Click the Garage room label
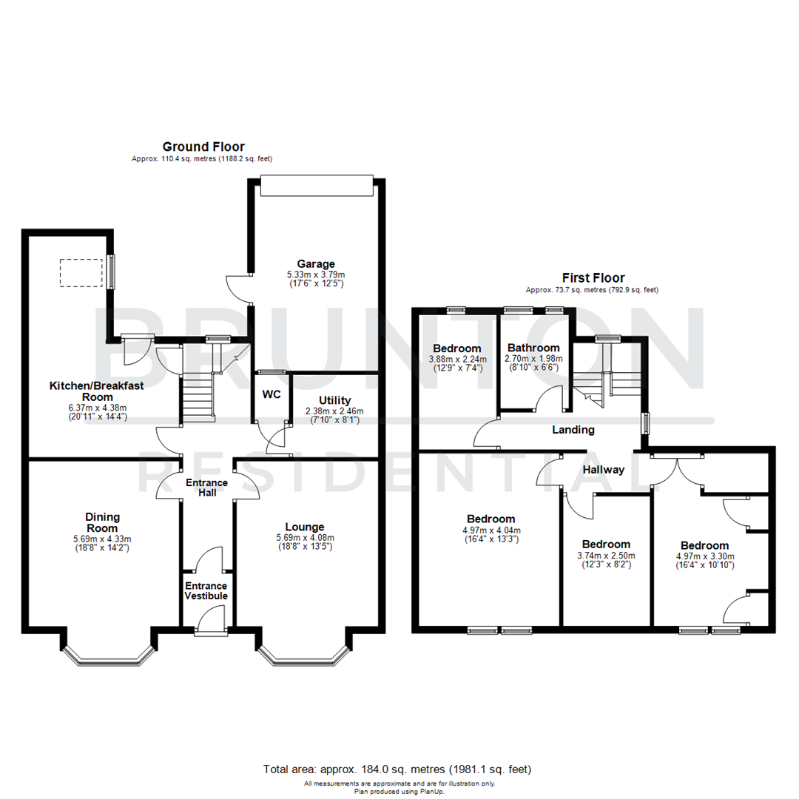tap(316, 263)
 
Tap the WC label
tap(272, 394)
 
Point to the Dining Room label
tap(102, 522)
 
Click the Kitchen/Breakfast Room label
tap(97, 391)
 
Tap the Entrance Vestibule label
tap(206, 590)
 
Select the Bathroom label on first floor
tap(533, 348)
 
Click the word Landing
tap(573, 430)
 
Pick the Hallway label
tap(603, 470)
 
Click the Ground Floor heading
tap(203, 146)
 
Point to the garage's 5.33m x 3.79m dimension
tap(316, 274)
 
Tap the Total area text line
tap(397, 769)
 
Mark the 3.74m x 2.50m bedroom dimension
tap(606, 556)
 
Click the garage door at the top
tap(316, 186)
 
